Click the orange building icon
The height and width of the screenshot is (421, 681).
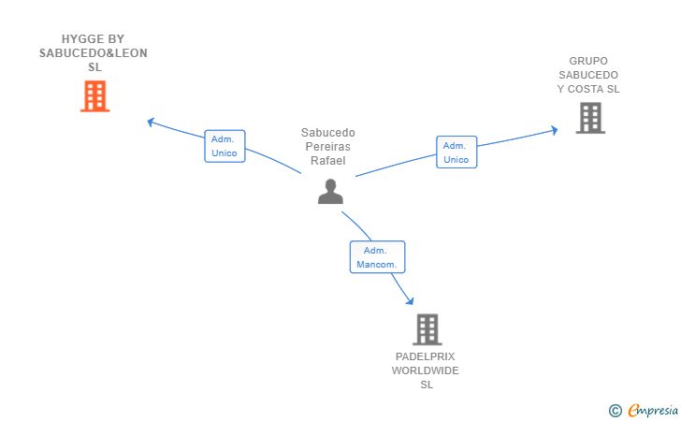pos(94,96)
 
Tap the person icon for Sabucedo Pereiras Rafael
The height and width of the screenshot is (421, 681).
pos(330,191)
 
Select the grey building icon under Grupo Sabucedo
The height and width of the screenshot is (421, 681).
pos(590,118)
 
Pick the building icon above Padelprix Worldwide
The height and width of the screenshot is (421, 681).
pos(427,329)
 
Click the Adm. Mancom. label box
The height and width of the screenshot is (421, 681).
pos(377,257)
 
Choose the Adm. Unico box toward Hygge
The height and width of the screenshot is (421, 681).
pos(225,146)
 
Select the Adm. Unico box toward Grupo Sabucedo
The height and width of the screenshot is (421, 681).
pos(456,152)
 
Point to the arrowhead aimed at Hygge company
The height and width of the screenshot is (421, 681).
pos(151,122)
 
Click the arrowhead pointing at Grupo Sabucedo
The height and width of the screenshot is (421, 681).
pos(554,130)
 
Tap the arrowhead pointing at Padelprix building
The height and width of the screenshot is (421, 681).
pos(410,300)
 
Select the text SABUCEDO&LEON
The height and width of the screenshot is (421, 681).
pos(94,53)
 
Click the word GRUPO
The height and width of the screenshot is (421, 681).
pos(588,61)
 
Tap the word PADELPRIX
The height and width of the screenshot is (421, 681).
pos(426,356)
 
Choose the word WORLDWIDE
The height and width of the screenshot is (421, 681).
pos(426,370)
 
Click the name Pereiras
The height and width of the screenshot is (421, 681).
pos(328,147)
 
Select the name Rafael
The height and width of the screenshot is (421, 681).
pos(328,161)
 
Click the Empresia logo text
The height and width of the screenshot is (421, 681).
pos(653,410)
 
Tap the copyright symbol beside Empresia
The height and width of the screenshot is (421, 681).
pos(615,411)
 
